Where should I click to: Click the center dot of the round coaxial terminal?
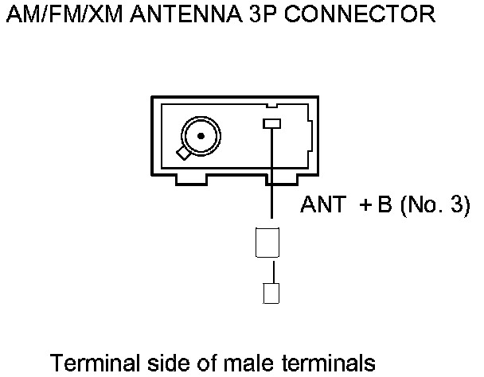coord(201,136)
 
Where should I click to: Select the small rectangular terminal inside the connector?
coord(272,124)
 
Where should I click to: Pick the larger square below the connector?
coord(267,241)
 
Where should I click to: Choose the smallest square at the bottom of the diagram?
coord(271,294)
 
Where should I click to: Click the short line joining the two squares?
coord(272,270)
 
